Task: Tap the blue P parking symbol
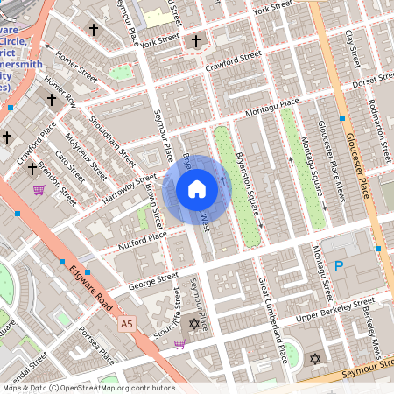(338, 265)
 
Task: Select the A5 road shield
(128, 324)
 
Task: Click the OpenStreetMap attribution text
(88, 388)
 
